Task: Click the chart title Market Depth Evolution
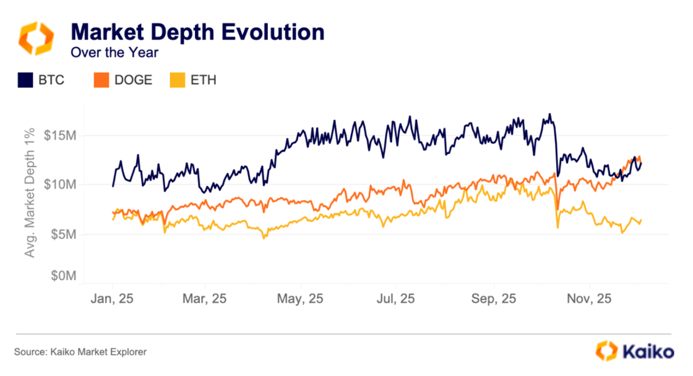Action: click(197, 32)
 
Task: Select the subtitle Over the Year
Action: click(114, 53)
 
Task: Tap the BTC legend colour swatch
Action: click(25, 80)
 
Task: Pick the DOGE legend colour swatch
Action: click(101, 80)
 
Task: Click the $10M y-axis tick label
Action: click(60, 185)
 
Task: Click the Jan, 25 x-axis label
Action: click(113, 299)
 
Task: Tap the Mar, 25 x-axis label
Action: click(205, 299)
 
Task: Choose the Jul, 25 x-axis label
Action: click(395, 299)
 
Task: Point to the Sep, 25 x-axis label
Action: click(494, 299)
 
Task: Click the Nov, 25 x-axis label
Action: click(589, 299)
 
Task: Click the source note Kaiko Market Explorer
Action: click(80, 352)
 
